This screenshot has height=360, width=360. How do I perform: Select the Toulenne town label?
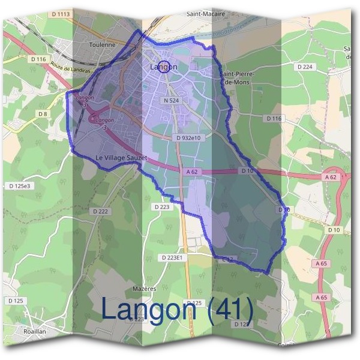pyautogui.click(x=101, y=44)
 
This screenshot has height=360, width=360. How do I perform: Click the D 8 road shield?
pyautogui.click(x=42, y=113)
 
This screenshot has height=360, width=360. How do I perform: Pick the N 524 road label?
pyautogui.click(x=171, y=101)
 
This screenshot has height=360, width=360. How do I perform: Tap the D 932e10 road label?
pyautogui.click(x=190, y=138)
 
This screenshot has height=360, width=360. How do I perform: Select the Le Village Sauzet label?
pyautogui.click(x=121, y=158)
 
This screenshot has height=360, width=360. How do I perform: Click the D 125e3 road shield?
pyautogui.click(x=19, y=187)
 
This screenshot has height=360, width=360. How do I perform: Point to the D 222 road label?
pyautogui.click(x=101, y=211)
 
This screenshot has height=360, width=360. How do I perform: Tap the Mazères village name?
pyautogui.click(x=145, y=289)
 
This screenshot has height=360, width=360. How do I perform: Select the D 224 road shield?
pyautogui.click(x=305, y=67)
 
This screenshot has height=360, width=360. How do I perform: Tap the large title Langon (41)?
pyautogui.click(x=177, y=310)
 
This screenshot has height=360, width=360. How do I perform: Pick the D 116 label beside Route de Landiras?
pyautogui.click(x=37, y=59)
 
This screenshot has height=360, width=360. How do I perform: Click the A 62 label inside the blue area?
pyautogui.click(x=193, y=172)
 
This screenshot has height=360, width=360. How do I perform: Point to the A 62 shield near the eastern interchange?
pyautogui.click(x=331, y=178)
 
